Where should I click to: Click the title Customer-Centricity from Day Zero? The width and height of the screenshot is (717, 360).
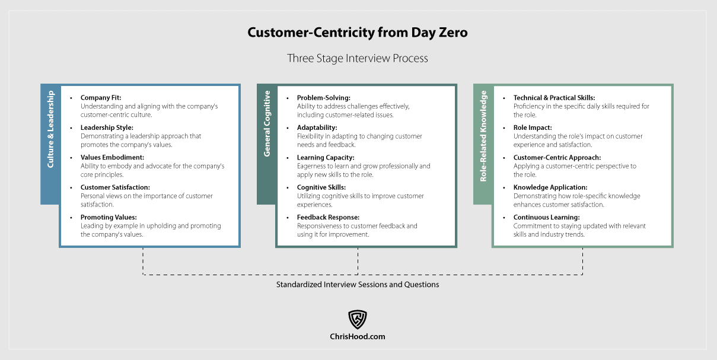point(358,33)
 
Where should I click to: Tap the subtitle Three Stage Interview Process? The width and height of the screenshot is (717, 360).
point(358,59)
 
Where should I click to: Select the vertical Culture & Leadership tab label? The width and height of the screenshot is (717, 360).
point(50,129)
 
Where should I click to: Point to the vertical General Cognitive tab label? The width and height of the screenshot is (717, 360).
point(267,123)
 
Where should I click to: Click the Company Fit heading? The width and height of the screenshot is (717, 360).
point(101,98)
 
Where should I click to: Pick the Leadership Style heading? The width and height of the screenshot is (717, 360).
point(107,128)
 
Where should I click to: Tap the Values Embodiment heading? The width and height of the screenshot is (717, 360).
point(112,158)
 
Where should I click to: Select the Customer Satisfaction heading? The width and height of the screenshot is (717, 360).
point(115,187)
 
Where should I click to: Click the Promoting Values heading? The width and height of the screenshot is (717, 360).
point(109,218)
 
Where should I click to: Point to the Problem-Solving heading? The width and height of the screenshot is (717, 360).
point(324,98)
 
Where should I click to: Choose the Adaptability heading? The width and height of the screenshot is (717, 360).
point(317,128)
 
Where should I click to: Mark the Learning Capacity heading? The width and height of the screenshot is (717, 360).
point(326,158)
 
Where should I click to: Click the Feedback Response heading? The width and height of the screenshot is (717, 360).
point(328,218)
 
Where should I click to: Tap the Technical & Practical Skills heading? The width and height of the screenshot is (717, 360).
point(554,98)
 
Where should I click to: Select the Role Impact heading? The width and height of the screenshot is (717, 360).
point(533,128)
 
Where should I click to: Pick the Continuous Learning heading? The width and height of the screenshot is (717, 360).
point(546,218)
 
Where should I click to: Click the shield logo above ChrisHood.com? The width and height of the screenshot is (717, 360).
point(358,319)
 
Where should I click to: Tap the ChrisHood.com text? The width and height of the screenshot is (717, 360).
point(358,336)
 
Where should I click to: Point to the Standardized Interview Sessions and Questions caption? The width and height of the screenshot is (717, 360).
point(358,285)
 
